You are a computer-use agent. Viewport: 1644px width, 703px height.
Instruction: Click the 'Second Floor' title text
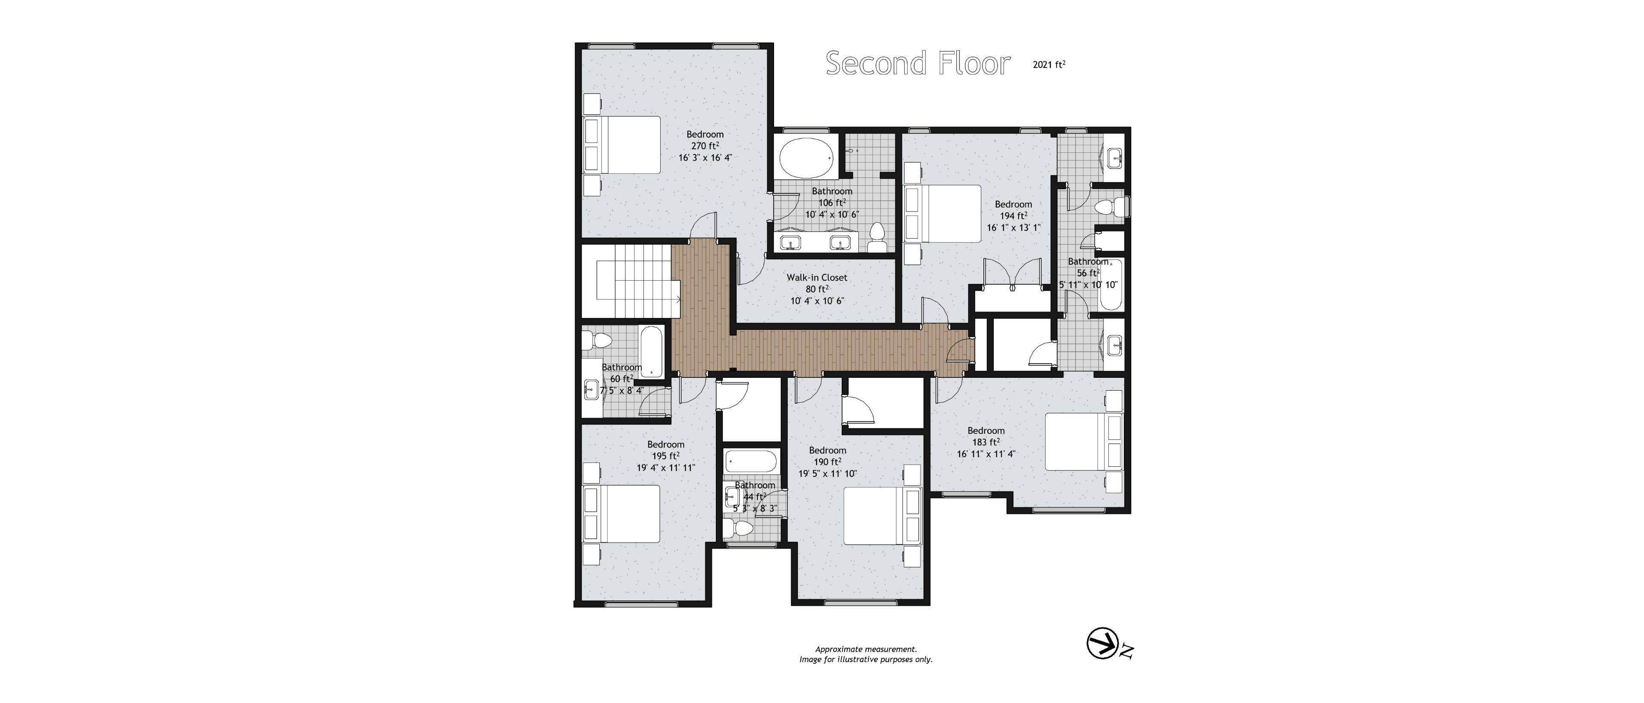(918, 64)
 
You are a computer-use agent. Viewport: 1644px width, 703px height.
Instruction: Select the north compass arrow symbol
(1102, 644)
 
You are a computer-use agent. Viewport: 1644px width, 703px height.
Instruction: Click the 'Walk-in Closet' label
(817, 278)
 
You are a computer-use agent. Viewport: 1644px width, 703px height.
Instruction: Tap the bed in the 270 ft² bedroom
(176, 145)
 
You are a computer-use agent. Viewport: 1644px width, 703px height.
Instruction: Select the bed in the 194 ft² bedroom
(943, 214)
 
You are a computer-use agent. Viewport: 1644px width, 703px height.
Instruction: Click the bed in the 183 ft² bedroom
(1084, 442)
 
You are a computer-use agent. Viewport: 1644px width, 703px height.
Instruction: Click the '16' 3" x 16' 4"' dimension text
(705, 157)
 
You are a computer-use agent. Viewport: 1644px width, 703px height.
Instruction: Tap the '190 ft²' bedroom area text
(828, 462)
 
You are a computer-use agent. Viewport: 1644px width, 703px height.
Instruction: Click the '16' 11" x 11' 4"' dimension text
(986, 454)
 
